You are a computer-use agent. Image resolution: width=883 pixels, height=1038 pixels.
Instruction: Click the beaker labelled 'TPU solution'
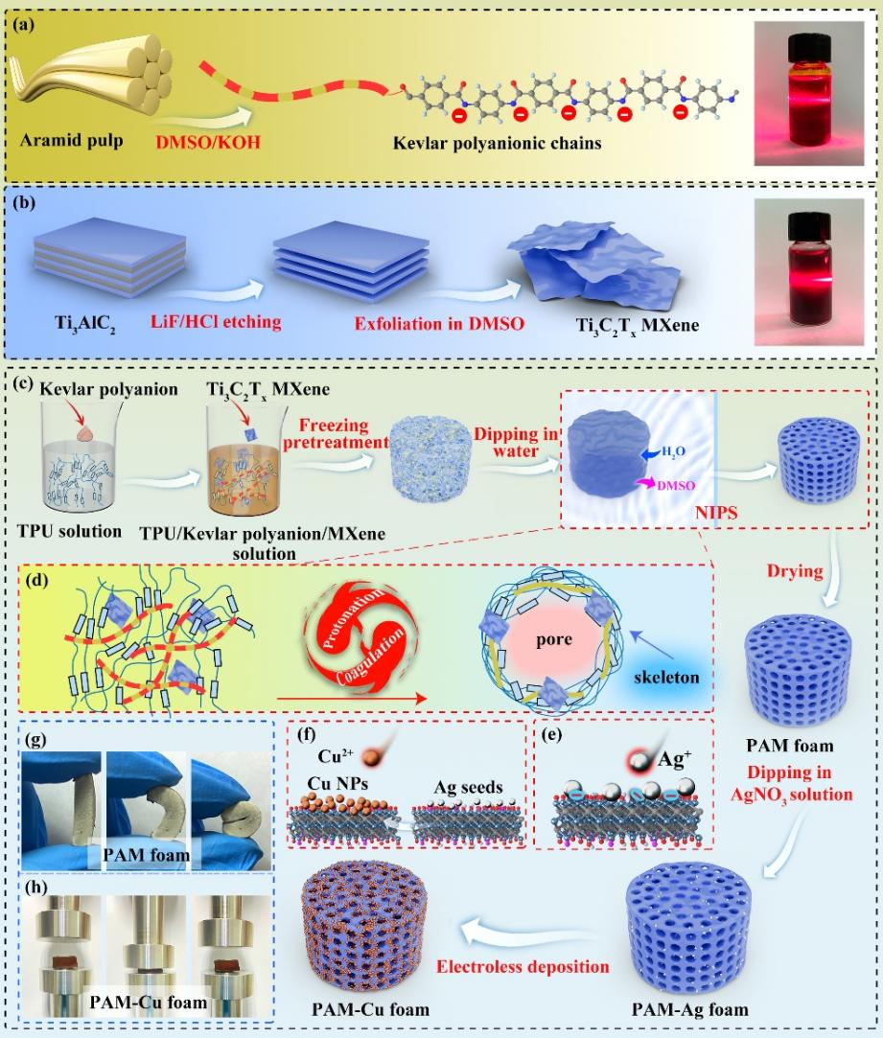click(x=81, y=460)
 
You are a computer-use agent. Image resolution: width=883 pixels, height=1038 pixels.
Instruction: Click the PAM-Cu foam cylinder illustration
click(x=368, y=925)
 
